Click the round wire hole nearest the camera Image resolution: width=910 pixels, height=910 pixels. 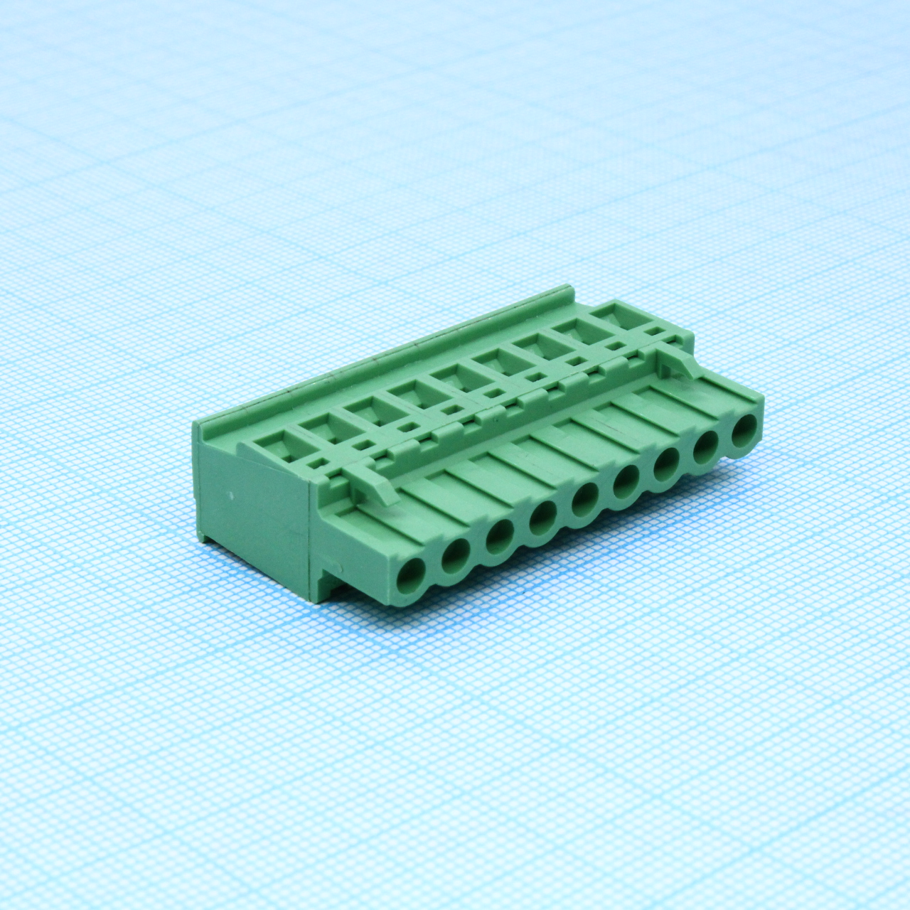[x=410, y=573]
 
